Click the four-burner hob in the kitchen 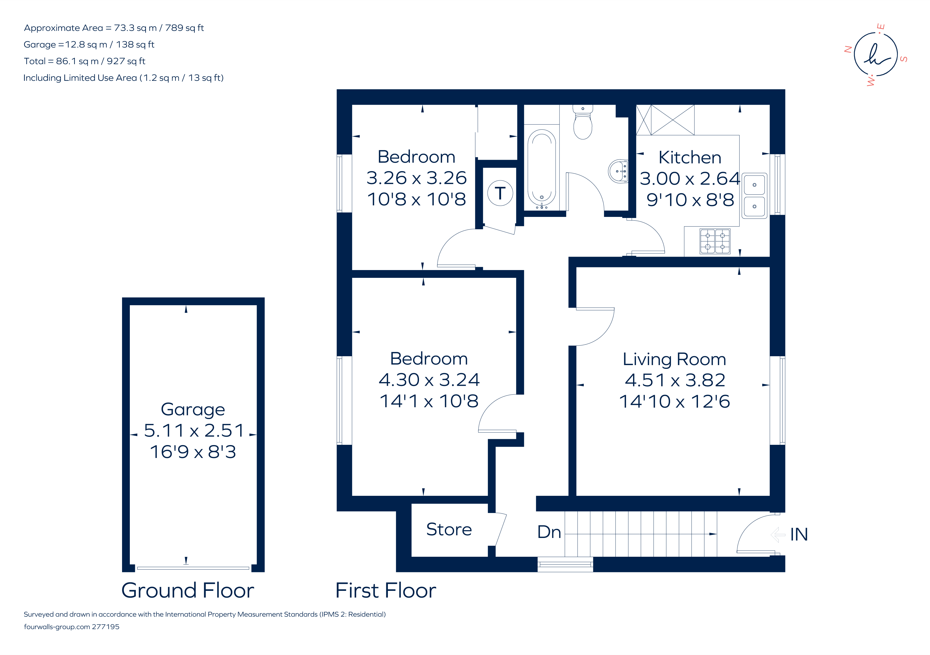[x=715, y=242]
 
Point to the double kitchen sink [x=754, y=196]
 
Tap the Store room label [x=449, y=529]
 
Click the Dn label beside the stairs [x=549, y=532]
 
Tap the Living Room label [x=674, y=359]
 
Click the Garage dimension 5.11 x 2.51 [x=194, y=431]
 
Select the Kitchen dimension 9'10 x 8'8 [x=690, y=200]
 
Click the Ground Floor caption [x=188, y=590]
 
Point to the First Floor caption [x=386, y=590]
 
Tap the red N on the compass [x=847, y=49]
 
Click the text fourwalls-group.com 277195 [x=72, y=627]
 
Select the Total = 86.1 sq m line [x=84, y=61]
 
